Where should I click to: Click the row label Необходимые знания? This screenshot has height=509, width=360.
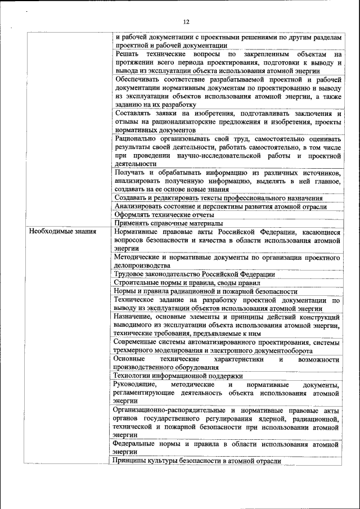(x=62, y=231)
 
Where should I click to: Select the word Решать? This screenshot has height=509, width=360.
(x=127, y=54)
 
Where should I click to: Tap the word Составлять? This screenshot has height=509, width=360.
(x=133, y=113)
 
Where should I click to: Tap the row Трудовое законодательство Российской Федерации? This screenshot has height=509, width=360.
(x=194, y=274)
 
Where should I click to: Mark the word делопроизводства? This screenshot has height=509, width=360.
(x=141, y=265)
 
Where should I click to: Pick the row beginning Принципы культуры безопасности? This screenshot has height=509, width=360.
(x=197, y=461)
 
